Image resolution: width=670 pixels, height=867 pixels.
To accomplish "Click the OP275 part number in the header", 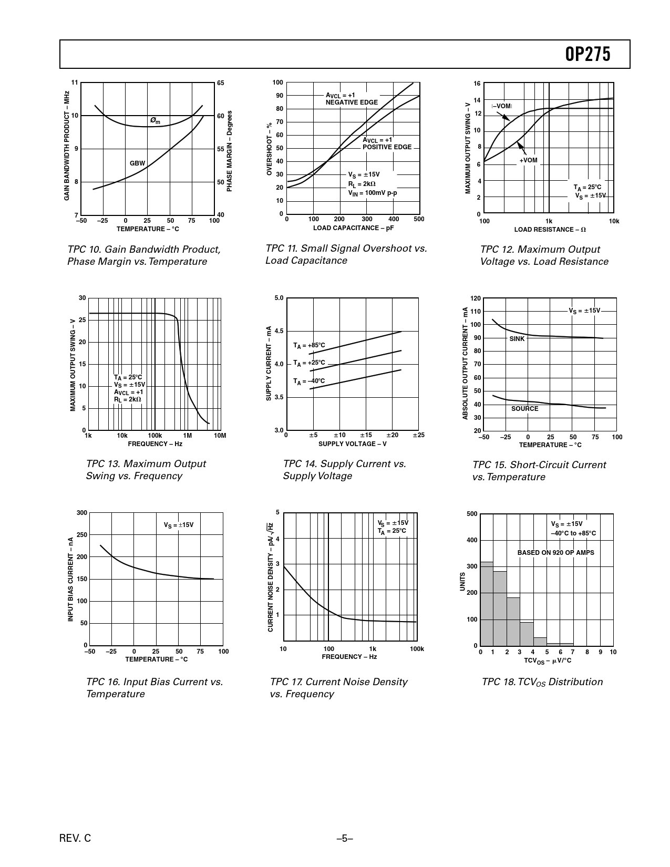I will click(x=588, y=54).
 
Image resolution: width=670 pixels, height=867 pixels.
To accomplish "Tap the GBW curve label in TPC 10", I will click(x=137, y=163).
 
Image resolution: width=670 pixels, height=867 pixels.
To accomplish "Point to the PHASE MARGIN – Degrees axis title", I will click(x=230, y=151).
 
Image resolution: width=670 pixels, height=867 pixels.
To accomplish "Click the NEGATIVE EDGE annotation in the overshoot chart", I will click(x=352, y=102).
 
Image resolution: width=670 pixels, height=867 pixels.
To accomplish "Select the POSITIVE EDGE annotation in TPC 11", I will click(x=387, y=147).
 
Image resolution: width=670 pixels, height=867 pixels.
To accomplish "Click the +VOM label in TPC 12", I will click(x=528, y=160).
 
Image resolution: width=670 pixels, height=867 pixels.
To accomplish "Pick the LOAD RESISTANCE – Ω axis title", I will click(x=550, y=230).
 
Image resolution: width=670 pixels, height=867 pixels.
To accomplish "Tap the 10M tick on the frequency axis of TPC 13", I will click(x=220, y=436).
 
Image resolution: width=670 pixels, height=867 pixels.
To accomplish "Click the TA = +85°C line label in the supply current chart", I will click(x=309, y=345).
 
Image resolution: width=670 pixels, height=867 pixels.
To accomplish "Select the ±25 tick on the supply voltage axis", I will click(x=418, y=435).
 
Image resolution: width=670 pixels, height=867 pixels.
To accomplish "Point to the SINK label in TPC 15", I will click(x=517, y=339).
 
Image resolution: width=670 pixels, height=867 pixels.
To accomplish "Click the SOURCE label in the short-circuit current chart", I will click(x=524, y=409).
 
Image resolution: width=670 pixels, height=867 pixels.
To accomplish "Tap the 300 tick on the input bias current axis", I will click(x=82, y=513).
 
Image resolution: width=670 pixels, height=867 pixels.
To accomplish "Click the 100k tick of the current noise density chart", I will click(x=416, y=649).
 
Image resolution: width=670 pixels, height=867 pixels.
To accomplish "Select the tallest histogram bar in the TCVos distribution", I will click(x=487, y=604).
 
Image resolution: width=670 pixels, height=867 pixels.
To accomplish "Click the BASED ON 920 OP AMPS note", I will click(x=555, y=553).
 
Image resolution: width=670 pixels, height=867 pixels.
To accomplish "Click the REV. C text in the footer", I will click(x=75, y=839).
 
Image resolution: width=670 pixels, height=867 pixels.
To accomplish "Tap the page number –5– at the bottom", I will click(x=345, y=839).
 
